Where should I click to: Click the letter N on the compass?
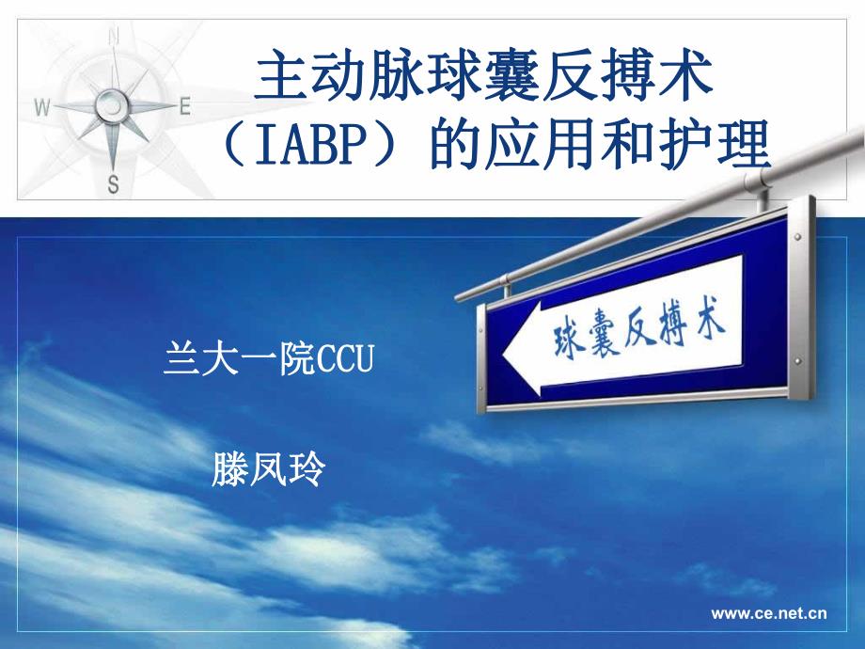pyautogui.click(x=115, y=38)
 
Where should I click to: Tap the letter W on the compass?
pyautogui.click(x=41, y=107)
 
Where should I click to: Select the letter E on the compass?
pyautogui.click(x=184, y=106)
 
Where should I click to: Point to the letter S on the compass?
pyautogui.click(x=114, y=183)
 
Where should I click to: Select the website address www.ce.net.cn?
pyautogui.click(x=769, y=613)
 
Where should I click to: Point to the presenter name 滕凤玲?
pyautogui.click(x=269, y=468)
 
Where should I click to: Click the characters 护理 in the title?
pyautogui.click(x=721, y=147)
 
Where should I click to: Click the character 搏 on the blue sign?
pyautogui.click(x=678, y=327)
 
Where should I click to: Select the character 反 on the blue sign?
pyautogui.click(x=645, y=333)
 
